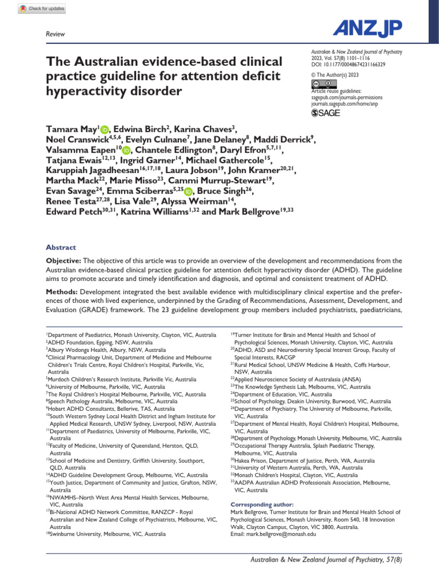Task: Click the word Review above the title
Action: (54, 35)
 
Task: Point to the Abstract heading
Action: (61, 247)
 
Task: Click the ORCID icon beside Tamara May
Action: (105, 130)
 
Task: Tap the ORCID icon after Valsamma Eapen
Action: (126, 150)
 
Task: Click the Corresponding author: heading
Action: (262, 504)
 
